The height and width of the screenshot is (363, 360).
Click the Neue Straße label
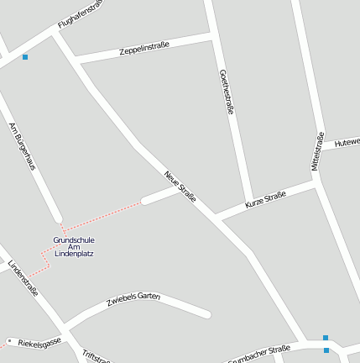click(180, 187)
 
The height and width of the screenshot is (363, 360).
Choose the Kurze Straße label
click(265, 200)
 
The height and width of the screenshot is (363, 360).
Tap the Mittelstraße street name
click(317, 151)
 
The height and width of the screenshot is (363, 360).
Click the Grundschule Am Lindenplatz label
click(73, 246)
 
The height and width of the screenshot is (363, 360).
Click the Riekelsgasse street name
click(39, 342)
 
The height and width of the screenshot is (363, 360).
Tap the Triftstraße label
click(96, 356)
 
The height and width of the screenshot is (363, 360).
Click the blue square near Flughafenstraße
click(25, 57)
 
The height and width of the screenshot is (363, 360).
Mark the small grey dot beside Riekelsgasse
click(9, 340)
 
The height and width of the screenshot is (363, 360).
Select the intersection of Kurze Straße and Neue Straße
click(215, 217)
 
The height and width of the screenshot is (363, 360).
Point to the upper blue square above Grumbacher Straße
click(326, 338)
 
